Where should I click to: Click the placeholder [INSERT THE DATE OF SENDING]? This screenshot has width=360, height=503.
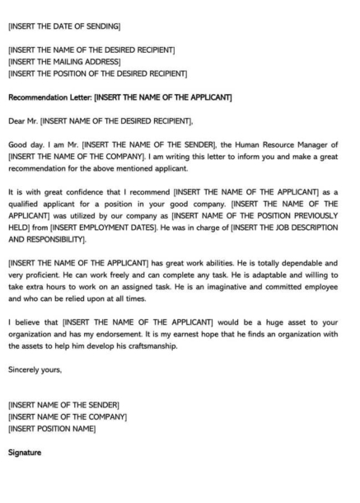[x=63, y=26]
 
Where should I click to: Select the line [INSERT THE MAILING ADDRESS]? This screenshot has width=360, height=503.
[x=63, y=62]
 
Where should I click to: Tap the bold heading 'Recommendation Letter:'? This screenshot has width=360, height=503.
[x=49, y=97]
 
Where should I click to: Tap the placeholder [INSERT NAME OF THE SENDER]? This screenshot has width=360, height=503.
[x=63, y=404]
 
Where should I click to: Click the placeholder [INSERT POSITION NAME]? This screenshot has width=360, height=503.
[x=52, y=428]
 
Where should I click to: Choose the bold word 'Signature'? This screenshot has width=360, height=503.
[x=24, y=452]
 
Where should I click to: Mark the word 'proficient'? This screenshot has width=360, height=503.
[x=43, y=274]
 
